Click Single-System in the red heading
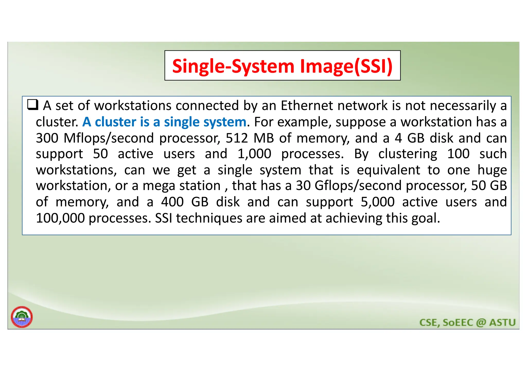pos(233,66)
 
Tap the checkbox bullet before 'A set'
pos(33,105)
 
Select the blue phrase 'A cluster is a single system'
pos(164,122)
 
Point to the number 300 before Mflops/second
pos(47,138)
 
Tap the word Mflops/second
pos(109,138)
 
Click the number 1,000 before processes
pos(254,154)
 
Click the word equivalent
pos(389,170)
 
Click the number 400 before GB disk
pos(172,202)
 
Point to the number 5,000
pos(377,202)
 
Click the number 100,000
pos(60,218)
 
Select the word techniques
pos(209,218)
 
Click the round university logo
pos(22,317)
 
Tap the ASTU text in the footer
pos(502,323)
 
